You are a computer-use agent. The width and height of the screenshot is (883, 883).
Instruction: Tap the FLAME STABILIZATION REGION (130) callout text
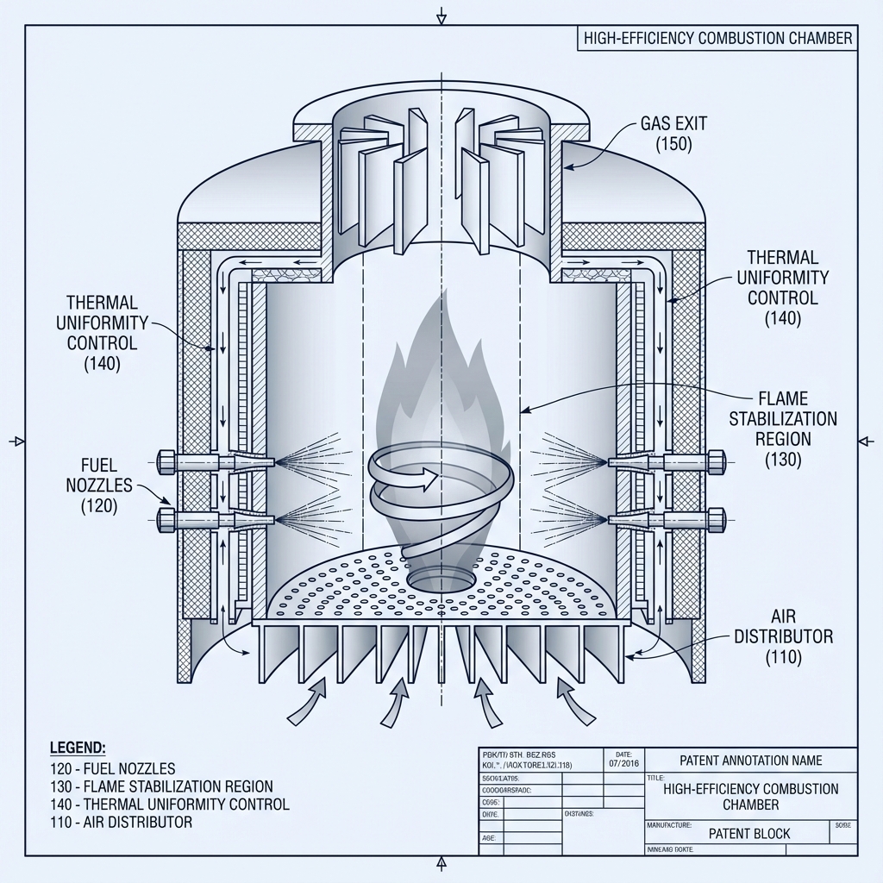(782, 429)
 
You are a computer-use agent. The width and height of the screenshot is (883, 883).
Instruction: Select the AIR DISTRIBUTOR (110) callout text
(783, 636)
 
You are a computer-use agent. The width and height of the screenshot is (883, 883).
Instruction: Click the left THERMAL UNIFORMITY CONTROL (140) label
(102, 333)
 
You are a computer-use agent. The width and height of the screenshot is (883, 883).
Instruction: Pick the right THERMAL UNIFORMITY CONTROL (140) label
(782, 287)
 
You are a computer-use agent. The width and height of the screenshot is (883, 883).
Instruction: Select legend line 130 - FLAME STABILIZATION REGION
(162, 786)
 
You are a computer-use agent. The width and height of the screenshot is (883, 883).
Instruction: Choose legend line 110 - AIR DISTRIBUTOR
(121, 822)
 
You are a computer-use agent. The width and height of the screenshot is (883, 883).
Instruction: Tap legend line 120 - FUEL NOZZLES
(113, 768)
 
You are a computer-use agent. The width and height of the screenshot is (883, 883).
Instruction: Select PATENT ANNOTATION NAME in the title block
(750, 761)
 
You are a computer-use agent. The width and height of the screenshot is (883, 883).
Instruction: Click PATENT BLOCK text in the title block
(749, 834)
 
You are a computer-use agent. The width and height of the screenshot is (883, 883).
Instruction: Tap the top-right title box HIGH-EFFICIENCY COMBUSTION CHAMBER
(717, 38)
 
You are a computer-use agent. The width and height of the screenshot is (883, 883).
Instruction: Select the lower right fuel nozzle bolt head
(715, 519)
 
